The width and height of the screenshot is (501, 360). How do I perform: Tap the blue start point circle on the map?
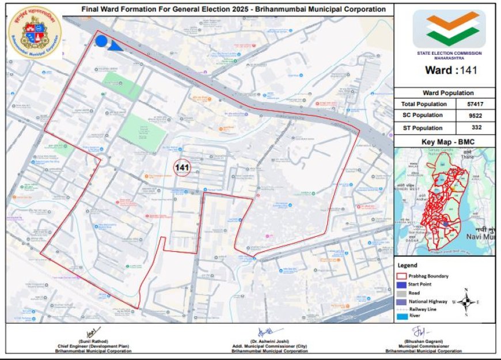click(101, 41)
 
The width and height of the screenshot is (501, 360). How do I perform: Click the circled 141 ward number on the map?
click(182, 168)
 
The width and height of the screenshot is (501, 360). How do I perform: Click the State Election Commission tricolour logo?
click(449, 29)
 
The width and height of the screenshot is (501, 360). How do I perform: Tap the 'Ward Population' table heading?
click(444, 93)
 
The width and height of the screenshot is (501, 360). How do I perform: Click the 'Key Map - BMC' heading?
click(444, 142)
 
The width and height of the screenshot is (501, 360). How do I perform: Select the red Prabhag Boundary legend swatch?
click(403, 276)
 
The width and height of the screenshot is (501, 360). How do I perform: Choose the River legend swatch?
click(403, 316)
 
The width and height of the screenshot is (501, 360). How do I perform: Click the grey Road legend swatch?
click(403, 292)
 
